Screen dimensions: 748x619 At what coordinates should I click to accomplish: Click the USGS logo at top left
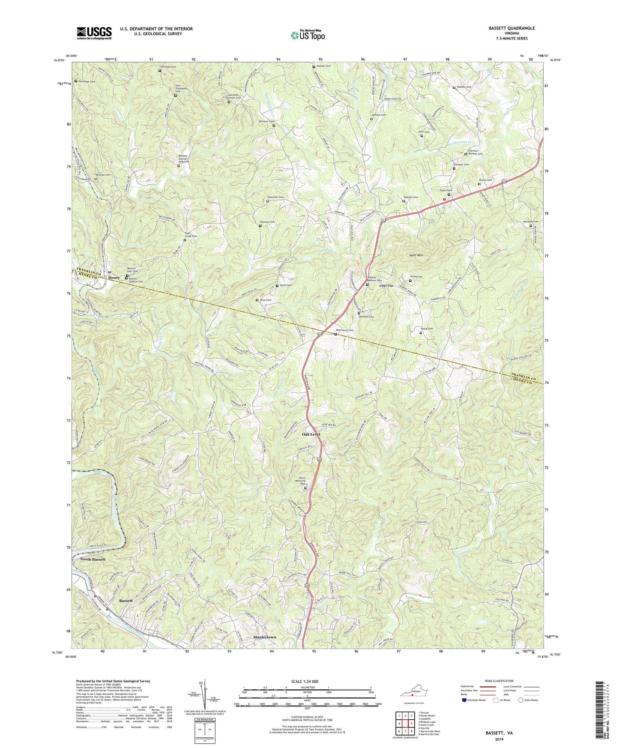94,33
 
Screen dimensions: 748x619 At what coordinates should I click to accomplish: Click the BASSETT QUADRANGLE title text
510,28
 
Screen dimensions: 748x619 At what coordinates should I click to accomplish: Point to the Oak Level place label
311,434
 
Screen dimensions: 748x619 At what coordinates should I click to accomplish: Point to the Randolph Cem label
86,81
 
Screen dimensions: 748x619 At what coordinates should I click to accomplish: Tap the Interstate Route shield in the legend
464,700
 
